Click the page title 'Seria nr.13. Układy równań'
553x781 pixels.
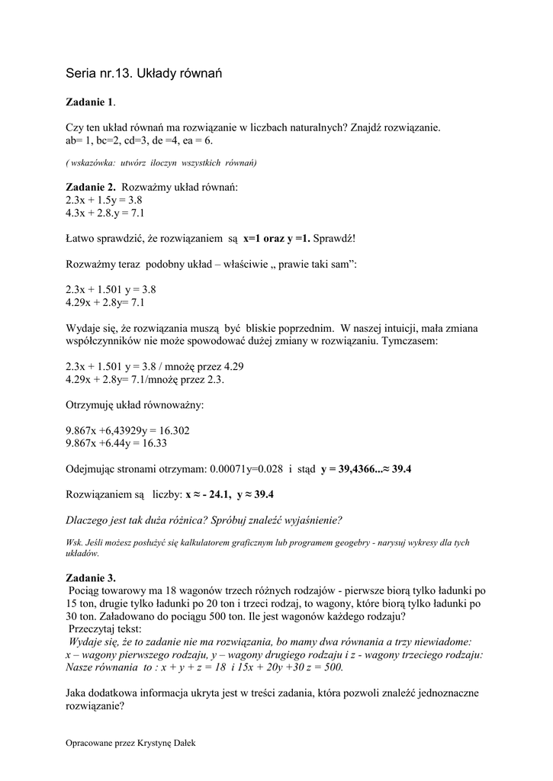(143, 73)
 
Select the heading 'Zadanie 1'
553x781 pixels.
(90, 101)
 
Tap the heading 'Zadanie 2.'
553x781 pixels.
(91, 188)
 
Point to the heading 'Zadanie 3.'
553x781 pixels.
(91, 577)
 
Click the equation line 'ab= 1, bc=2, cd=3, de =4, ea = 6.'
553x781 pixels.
(140, 140)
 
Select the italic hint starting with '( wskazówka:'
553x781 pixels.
(161, 163)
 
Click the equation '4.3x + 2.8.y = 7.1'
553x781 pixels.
(105, 213)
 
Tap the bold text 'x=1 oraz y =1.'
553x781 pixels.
(277, 239)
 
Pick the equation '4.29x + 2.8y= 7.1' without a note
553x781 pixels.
(105, 303)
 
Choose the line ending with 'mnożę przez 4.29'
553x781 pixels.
(155, 367)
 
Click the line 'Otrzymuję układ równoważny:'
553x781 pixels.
(135, 405)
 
